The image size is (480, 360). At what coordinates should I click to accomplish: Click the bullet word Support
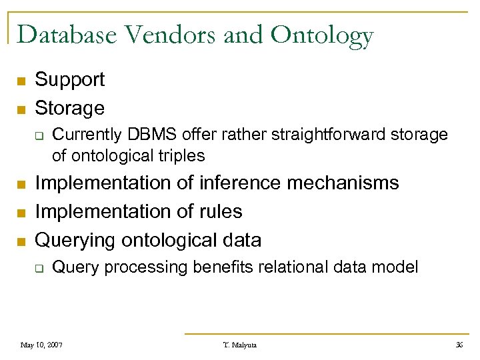[69, 80]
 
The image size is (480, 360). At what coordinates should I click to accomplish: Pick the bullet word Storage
[69, 108]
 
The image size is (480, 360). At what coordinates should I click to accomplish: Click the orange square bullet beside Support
[21, 81]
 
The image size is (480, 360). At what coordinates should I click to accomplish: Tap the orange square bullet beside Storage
[21, 109]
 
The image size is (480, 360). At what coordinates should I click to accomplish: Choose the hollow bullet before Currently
[39, 136]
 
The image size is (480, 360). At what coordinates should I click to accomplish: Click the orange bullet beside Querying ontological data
[21, 241]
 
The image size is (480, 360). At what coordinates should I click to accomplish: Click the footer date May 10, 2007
[41, 345]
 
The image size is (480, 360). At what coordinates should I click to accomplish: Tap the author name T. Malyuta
[239, 345]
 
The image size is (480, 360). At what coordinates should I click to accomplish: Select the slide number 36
[459, 345]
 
